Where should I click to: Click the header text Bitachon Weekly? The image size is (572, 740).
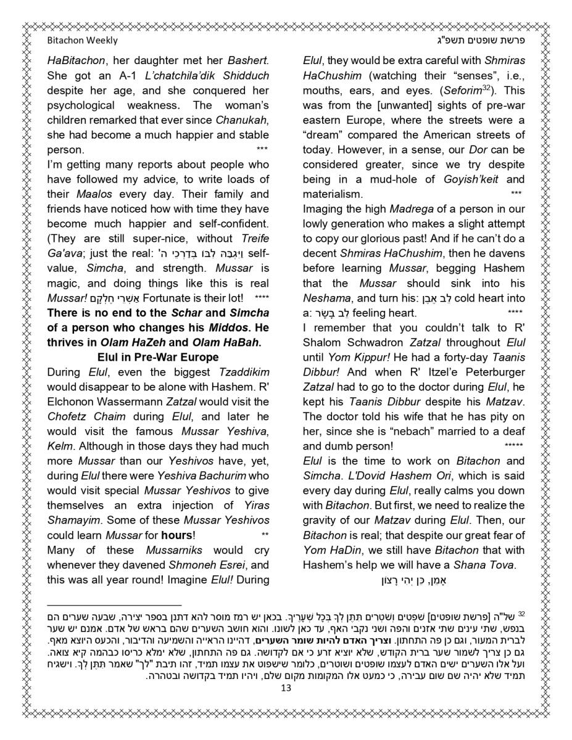click(x=82, y=41)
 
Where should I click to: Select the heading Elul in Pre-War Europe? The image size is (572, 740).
click(x=158, y=357)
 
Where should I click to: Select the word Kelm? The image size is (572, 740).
click(x=61, y=446)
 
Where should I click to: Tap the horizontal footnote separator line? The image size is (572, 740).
click(x=114, y=606)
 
